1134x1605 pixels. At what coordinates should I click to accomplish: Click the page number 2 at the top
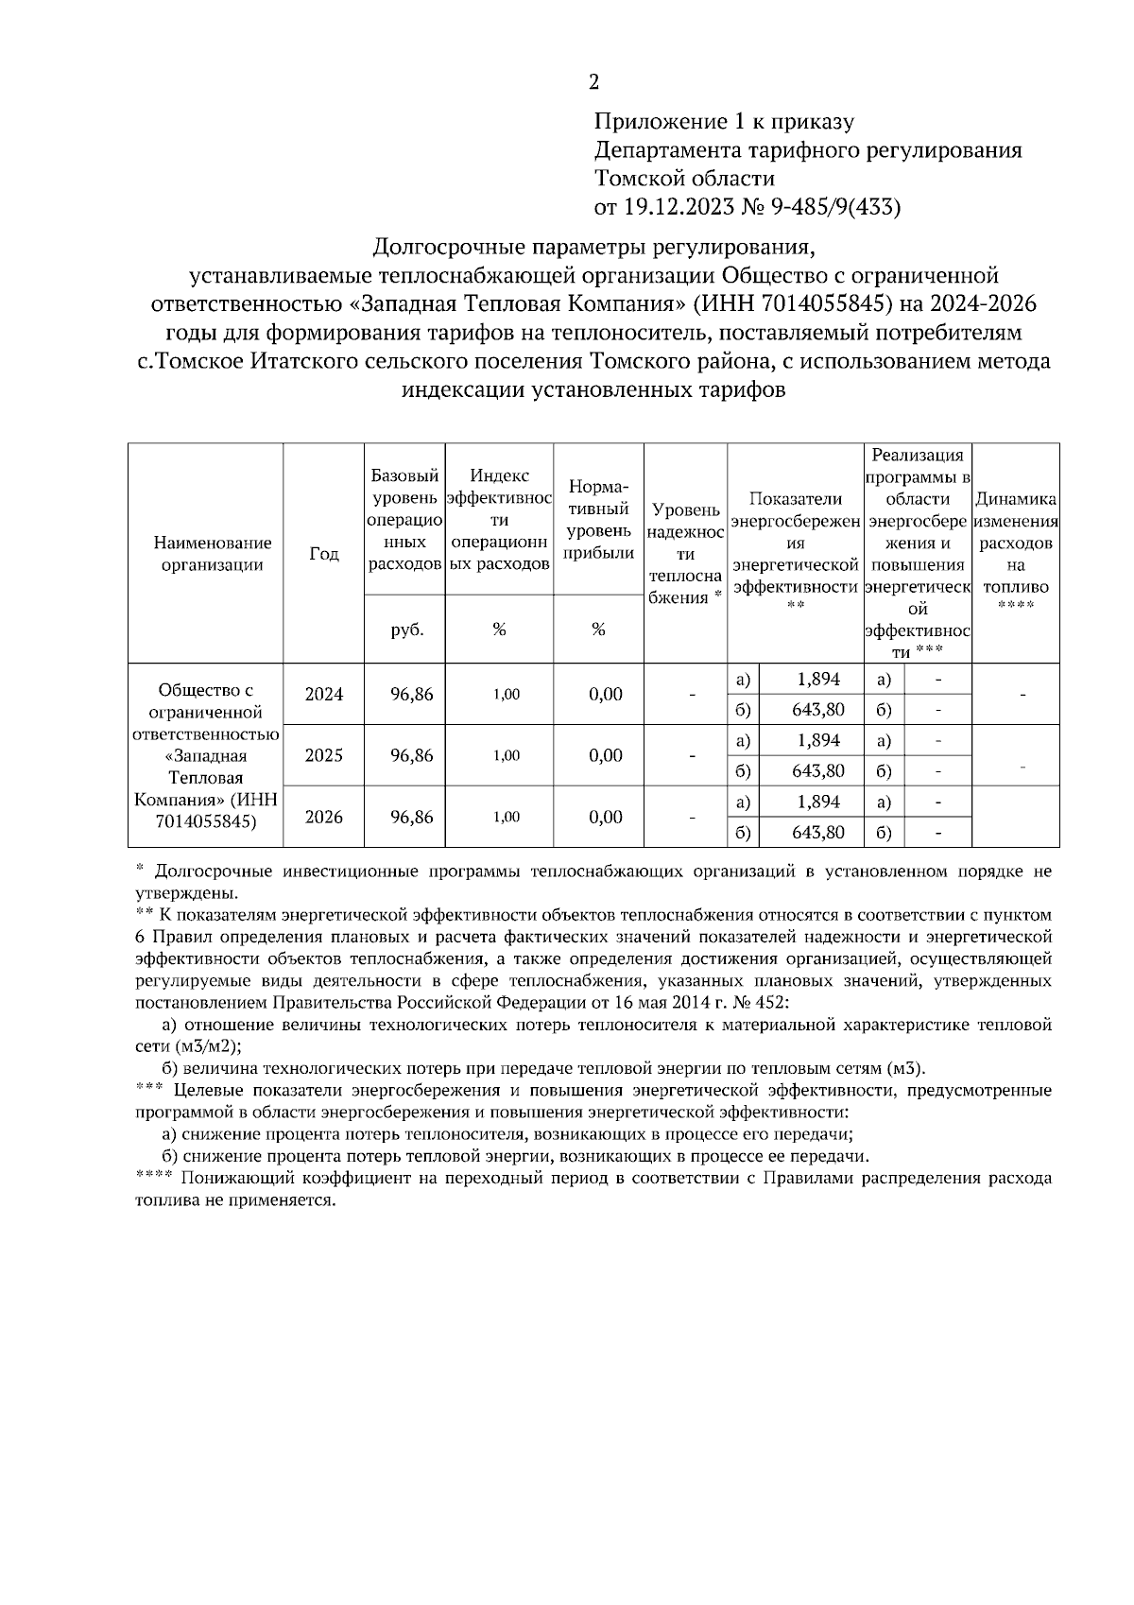pyautogui.click(x=593, y=83)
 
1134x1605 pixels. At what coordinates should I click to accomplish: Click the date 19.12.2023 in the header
pyautogui.click(x=675, y=208)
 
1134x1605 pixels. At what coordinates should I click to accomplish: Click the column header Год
pyautogui.click(x=324, y=554)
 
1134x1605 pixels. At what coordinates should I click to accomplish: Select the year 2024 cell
pyautogui.click(x=324, y=695)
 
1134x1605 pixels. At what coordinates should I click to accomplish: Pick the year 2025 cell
pyautogui.click(x=324, y=756)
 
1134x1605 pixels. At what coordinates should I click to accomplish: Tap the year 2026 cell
pyautogui.click(x=324, y=818)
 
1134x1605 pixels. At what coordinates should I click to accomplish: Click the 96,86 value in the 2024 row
pyautogui.click(x=411, y=695)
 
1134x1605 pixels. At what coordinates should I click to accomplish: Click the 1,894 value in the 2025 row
pyautogui.click(x=818, y=740)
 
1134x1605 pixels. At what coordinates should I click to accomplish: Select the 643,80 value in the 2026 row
pyautogui.click(x=818, y=833)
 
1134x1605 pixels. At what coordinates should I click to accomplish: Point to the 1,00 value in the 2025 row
pyautogui.click(x=507, y=756)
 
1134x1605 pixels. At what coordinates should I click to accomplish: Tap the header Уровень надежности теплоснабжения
pyautogui.click(x=686, y=554)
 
